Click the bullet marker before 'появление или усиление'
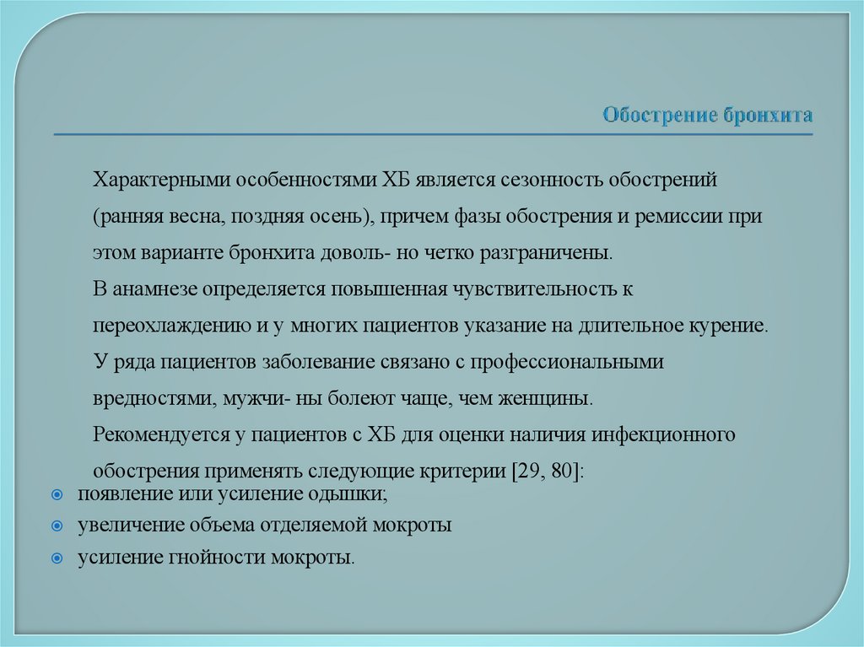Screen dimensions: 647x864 point(57,494)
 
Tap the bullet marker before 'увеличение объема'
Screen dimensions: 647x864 point(57,526)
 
